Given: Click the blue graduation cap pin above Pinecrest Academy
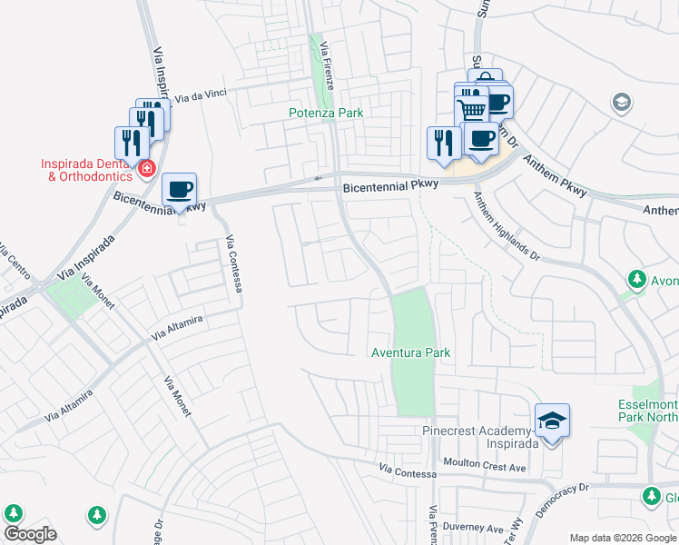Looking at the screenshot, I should click(552, 421).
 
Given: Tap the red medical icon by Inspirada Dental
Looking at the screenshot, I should click(145, 168).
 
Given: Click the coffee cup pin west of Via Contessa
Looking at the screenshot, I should click(180, 191).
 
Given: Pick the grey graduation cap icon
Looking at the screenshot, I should click(622, 101).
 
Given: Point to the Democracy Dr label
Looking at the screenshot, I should click(563, 500).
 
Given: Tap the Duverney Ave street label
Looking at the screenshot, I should click(472, 528).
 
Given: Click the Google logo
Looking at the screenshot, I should click(29, 534).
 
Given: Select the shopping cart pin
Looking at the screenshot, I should click(471, 109).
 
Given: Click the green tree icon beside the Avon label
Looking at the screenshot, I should click(637, 278).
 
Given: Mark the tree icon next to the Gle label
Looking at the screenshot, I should click(651, 495).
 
